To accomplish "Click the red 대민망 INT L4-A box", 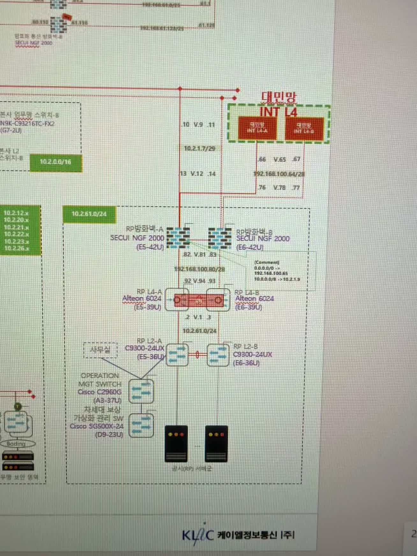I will point(257,128).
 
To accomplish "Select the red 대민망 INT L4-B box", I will point(304,128).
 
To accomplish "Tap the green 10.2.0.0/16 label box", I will point(56,162).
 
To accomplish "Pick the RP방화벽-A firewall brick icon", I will point(178,238).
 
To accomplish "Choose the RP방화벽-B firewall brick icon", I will point(220,238).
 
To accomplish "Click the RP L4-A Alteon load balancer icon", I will point(177,300).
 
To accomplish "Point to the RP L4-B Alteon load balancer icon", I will point(218,300).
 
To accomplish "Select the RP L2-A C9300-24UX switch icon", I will point(177,355).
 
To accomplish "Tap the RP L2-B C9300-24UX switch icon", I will point(218,355).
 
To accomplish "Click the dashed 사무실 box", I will point(100,350).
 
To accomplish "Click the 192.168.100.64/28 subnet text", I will point(279,174).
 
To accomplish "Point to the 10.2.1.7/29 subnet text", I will point(200,149).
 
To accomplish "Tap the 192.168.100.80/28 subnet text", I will point(200,269).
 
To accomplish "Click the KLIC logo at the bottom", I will point(198,535).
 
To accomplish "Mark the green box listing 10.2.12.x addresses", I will point(20,230).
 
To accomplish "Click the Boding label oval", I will point(16,443).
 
